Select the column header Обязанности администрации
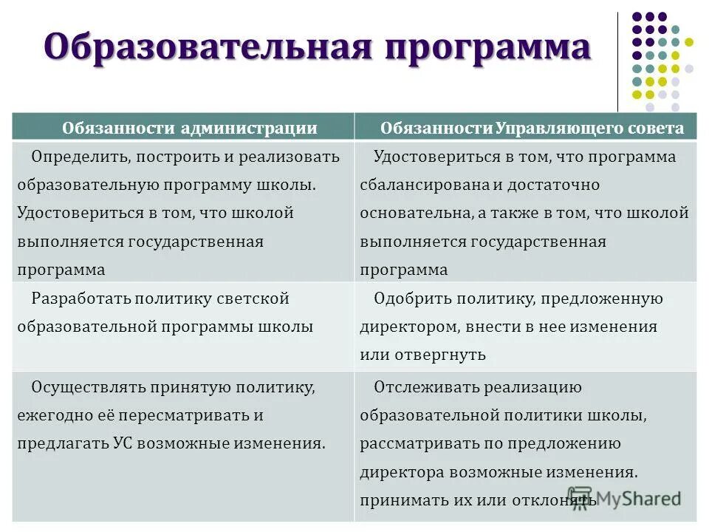(x=189, y=129)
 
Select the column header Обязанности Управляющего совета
(x=532, y=129)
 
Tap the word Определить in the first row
(x=72, y=157)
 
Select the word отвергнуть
(x=442, y=355)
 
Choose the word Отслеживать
(x=416, y=387)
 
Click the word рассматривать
(x=411, y=443)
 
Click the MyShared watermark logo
(x=625, y=497)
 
